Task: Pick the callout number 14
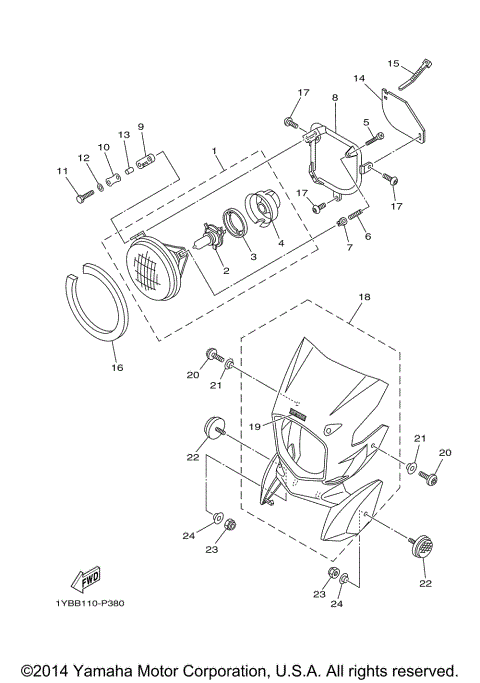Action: [x=358, y=78]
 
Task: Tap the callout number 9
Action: [x=141, y=127]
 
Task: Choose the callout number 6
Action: [x=367, y=236]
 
